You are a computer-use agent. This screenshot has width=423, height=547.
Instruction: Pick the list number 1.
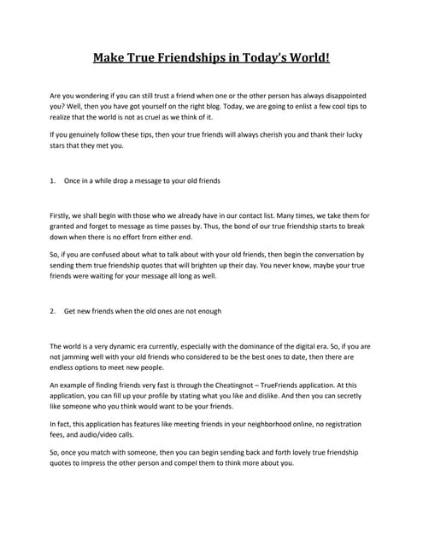(x=53, y=182)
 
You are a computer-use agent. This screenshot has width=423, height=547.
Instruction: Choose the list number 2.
(x=53, y=311)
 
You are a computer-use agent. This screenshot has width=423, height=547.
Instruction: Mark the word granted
(x=66, y=229)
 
